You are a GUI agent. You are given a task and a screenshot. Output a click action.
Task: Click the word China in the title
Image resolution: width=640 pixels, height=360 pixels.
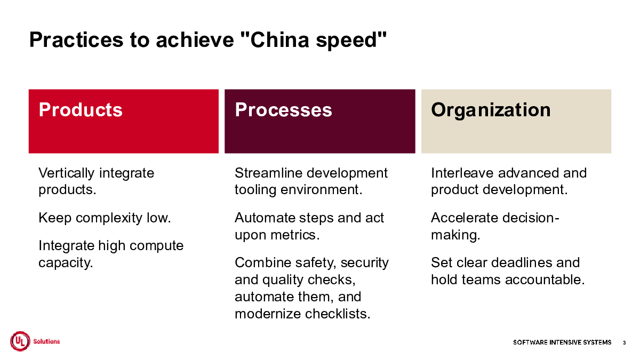pyautogui.click(x=279, y=39)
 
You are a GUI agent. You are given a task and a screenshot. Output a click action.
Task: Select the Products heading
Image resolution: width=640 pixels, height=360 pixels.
pyautogui.click(x=81, y=110)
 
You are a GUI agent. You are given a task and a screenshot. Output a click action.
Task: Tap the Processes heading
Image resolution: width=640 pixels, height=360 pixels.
pyautogui.click(x=283, y=110)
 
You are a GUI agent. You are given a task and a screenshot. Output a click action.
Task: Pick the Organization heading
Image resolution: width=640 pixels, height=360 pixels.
pyautogui.click(x=491, y=110)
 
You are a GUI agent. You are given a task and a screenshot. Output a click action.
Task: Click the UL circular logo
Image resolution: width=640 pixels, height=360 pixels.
pyautogui.click(x=20, y=341)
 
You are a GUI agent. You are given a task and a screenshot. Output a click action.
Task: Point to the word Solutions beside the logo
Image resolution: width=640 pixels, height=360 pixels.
pyautogui.click(x=46, y=341)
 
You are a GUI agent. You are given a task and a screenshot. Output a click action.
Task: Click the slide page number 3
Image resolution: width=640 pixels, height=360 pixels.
pyautogui.click(x=625, y=342)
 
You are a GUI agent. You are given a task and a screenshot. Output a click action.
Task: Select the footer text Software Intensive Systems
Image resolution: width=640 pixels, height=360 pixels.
pyautogui.click(x=562, y=342)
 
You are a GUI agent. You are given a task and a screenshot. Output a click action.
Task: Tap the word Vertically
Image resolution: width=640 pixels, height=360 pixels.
pyautogui.click(x=66, y=173)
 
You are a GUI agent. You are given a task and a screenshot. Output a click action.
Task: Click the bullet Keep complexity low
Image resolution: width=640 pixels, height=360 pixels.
pyautogui.click(x=105, y=218)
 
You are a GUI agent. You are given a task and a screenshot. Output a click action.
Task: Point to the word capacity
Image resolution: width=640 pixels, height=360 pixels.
pyautogui.click(x=66, y=263)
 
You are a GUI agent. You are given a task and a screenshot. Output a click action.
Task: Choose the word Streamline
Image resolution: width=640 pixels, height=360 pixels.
pyautogui.click(x=269, y=173)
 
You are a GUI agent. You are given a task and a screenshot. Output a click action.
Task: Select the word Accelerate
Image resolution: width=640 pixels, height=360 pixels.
pyautogui.click(x=465, y=218)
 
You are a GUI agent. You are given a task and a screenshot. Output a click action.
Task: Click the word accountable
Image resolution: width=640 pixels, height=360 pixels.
pyautogui.click(x=545, y=279)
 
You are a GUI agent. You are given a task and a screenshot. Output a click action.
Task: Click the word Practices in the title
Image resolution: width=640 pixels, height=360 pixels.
pyautogui.click(x=76, y=39)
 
